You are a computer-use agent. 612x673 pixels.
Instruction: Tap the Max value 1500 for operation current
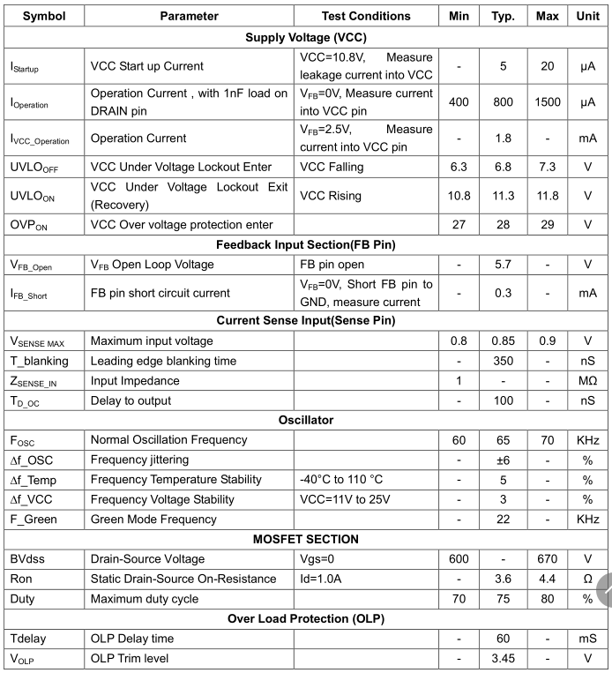coord(547,102)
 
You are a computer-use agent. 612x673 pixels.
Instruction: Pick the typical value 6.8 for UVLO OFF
coord(503,167)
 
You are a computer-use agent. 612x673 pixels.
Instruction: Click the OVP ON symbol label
coord(29,225)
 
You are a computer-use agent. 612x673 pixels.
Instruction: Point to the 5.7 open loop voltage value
coord(503,265)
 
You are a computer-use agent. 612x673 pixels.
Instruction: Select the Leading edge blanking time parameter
coord(164,361)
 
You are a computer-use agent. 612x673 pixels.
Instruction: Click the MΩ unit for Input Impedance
coord(587,381)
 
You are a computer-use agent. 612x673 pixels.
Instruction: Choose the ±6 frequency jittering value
coord(503,460)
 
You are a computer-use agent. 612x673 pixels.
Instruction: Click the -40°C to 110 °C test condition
coord(342,480)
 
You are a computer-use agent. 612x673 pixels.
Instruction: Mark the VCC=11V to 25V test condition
coord(345,499)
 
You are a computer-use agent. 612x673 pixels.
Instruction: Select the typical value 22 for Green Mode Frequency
coord(503,520)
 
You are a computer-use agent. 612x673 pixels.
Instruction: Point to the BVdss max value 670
coord(547,559)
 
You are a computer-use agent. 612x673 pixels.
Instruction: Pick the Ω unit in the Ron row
coord(587,579)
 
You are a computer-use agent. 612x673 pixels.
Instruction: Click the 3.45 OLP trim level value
coord(503,658)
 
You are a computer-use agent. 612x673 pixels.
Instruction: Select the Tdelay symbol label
coord(31,638)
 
